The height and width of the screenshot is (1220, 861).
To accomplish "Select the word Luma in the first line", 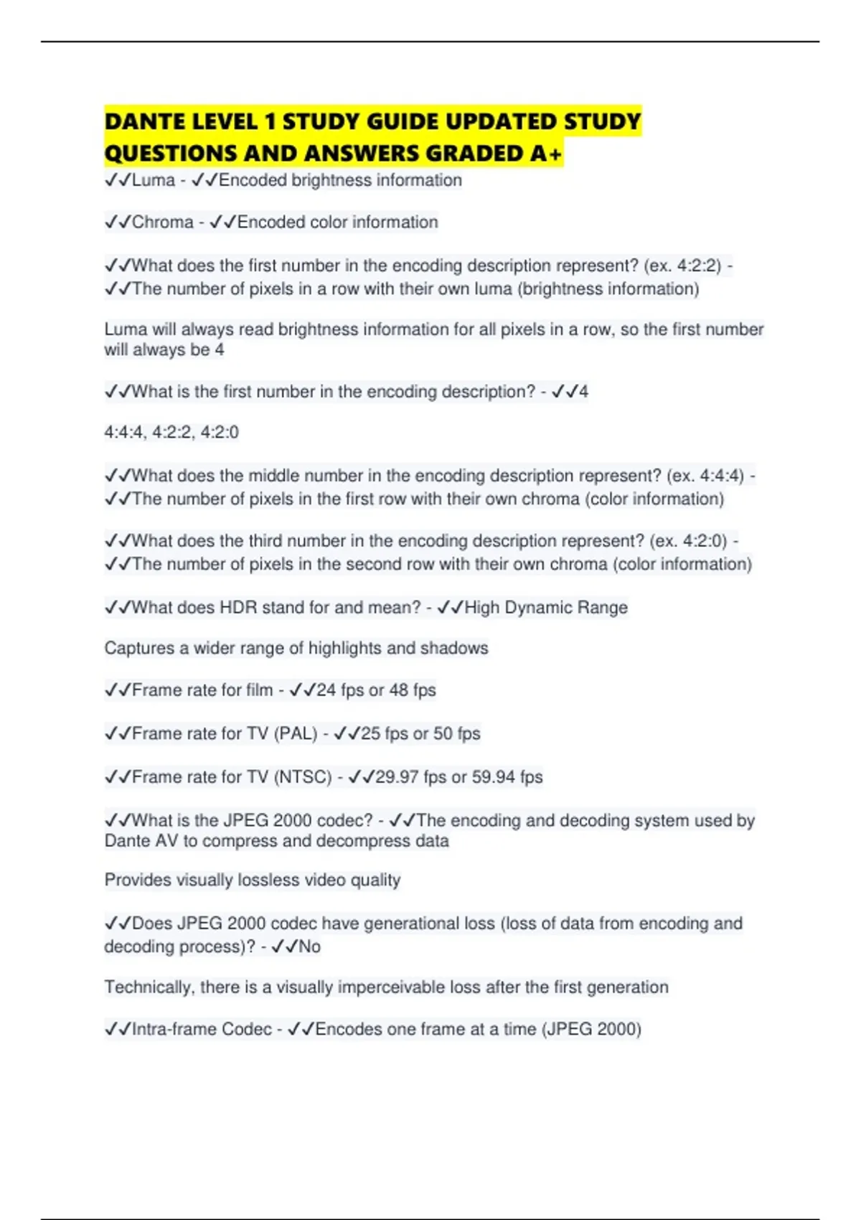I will pyautogui.click(x=154, y=180).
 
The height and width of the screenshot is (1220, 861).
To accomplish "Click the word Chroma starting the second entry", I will pyautogui.click(x=163, y=222).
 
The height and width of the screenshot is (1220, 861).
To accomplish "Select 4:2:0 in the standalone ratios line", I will pyautogui.click(x=220, y=432).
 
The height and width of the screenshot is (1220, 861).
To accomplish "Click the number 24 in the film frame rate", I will pyautogui.click(x=326, y=690).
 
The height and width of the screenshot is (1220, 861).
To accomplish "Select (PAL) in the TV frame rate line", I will pyautogui.click(x=296, y=733).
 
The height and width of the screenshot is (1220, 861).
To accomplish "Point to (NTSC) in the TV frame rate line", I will pyautogui.click(x=303, y=777).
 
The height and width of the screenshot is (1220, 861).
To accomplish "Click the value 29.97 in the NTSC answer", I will pyautogui.click(x=396, y=777).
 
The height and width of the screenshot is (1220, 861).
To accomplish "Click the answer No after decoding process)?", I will pyautogui.click(x=309, y=947).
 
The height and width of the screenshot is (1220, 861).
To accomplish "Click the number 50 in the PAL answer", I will pyautogui.click(x=443, y=733).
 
